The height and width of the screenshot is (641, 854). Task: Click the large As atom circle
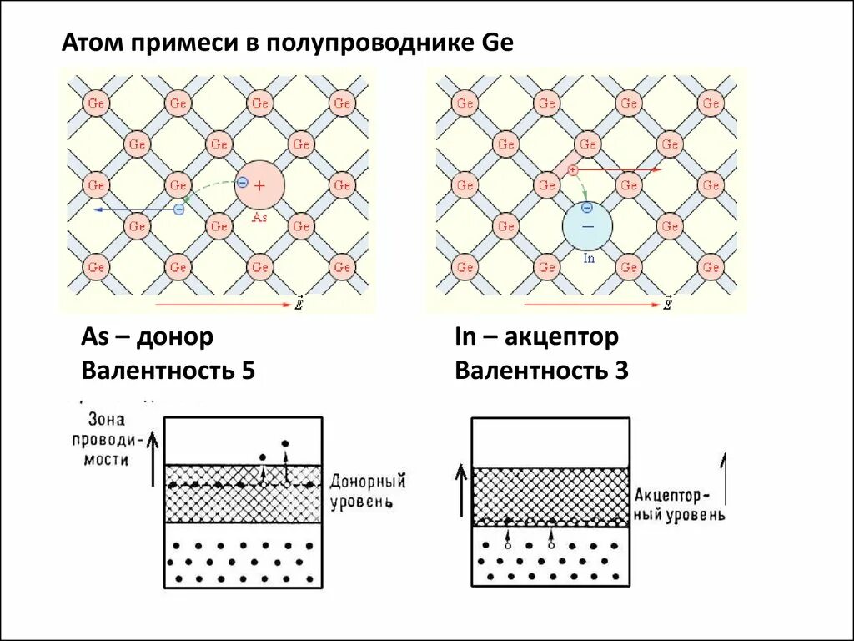(259, 185)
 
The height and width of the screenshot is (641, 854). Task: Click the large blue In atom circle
(587, 226)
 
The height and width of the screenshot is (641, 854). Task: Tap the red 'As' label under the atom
(259, 216)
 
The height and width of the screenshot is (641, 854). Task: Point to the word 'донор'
(174, 337)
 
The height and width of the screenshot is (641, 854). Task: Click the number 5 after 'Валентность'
(247, 371)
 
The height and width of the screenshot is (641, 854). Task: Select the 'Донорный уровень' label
(368, 492)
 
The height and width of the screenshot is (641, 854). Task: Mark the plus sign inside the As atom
(259, 185)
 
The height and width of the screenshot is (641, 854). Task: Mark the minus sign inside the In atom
(587, 226)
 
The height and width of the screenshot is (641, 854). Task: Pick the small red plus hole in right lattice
(573, 169)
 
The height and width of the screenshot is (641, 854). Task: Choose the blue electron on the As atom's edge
(242, 182)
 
